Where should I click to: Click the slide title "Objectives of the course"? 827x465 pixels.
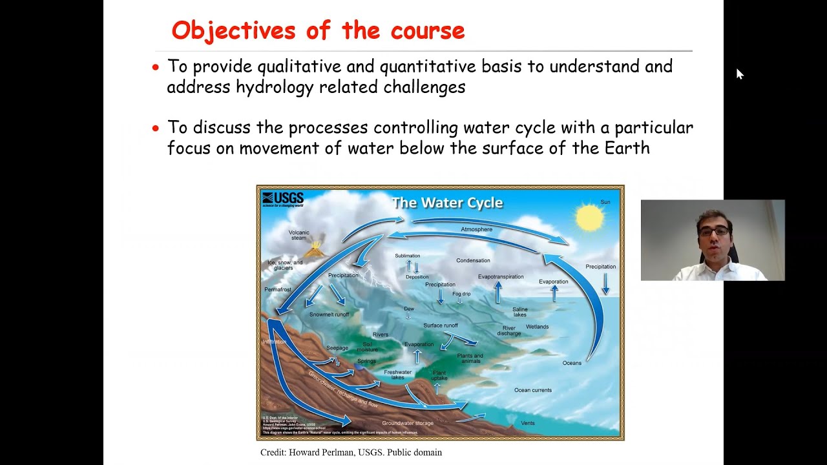[318, 30]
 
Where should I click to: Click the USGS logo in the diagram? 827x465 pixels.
[283, 199]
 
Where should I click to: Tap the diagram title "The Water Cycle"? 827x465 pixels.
[447, 203]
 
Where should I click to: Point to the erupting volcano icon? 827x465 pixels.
[315, 249]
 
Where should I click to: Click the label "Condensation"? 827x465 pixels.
[473, 260]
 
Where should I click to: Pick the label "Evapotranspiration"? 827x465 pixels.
[501, 276]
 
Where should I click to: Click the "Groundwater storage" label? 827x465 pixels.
[408, 423]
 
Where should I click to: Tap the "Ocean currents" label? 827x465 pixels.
[532, 390]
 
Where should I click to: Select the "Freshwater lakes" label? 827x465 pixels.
[397, 375]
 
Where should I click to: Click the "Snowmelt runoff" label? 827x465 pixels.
[329, 315]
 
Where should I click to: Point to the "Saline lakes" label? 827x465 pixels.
[519, 312]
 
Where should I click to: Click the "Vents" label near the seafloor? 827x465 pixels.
[528, 423]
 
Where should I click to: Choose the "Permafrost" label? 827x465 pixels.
[278, 289]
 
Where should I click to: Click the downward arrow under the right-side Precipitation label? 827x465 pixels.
[605, 284]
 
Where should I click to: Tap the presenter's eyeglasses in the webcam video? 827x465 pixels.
[714, 231]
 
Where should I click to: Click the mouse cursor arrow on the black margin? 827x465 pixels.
[739, 74]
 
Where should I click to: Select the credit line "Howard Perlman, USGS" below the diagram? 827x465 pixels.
[351, 452]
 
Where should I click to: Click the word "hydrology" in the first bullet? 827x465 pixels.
[246, 87]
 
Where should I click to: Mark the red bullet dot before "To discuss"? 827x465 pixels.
[155, 129]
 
